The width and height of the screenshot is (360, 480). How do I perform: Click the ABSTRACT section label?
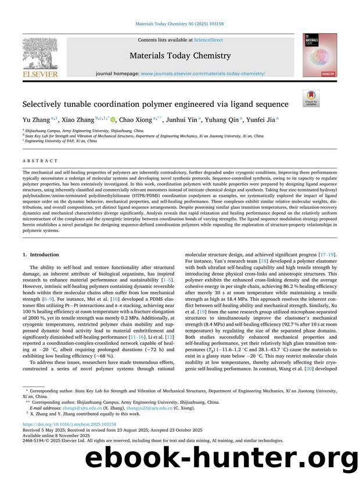pyautogui.click(x=39, y=161)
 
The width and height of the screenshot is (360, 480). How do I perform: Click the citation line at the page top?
pyautogui.click(x=179, y=24)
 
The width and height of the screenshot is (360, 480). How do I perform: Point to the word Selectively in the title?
pyautogui.click(x=45, y=104)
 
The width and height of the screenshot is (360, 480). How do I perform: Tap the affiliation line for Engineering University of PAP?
pyautogui.click(x=60, y=140)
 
